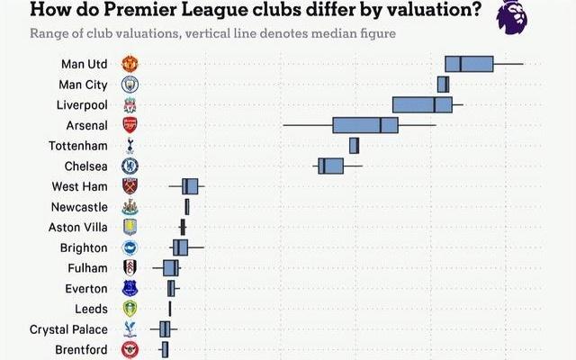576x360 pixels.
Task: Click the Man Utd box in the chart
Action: click(469, 64)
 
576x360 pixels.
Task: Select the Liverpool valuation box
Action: click(421, 104)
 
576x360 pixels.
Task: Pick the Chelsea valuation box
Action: click(330, 166)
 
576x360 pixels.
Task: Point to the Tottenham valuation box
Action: click(354, 145)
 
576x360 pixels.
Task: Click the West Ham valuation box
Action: click(190, 186)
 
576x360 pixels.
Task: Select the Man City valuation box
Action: click(443, 84)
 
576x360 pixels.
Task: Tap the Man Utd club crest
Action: click(130, 64)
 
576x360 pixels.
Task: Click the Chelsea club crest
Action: click(130, 166)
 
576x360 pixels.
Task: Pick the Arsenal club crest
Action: click(130, 125)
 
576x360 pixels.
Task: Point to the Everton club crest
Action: click(130, 288)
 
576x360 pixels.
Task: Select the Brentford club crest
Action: click(130, 349)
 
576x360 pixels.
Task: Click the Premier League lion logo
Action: click(512, 16)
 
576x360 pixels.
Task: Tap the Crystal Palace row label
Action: click(68, 329)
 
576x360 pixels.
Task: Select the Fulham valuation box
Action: click(170, 268)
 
